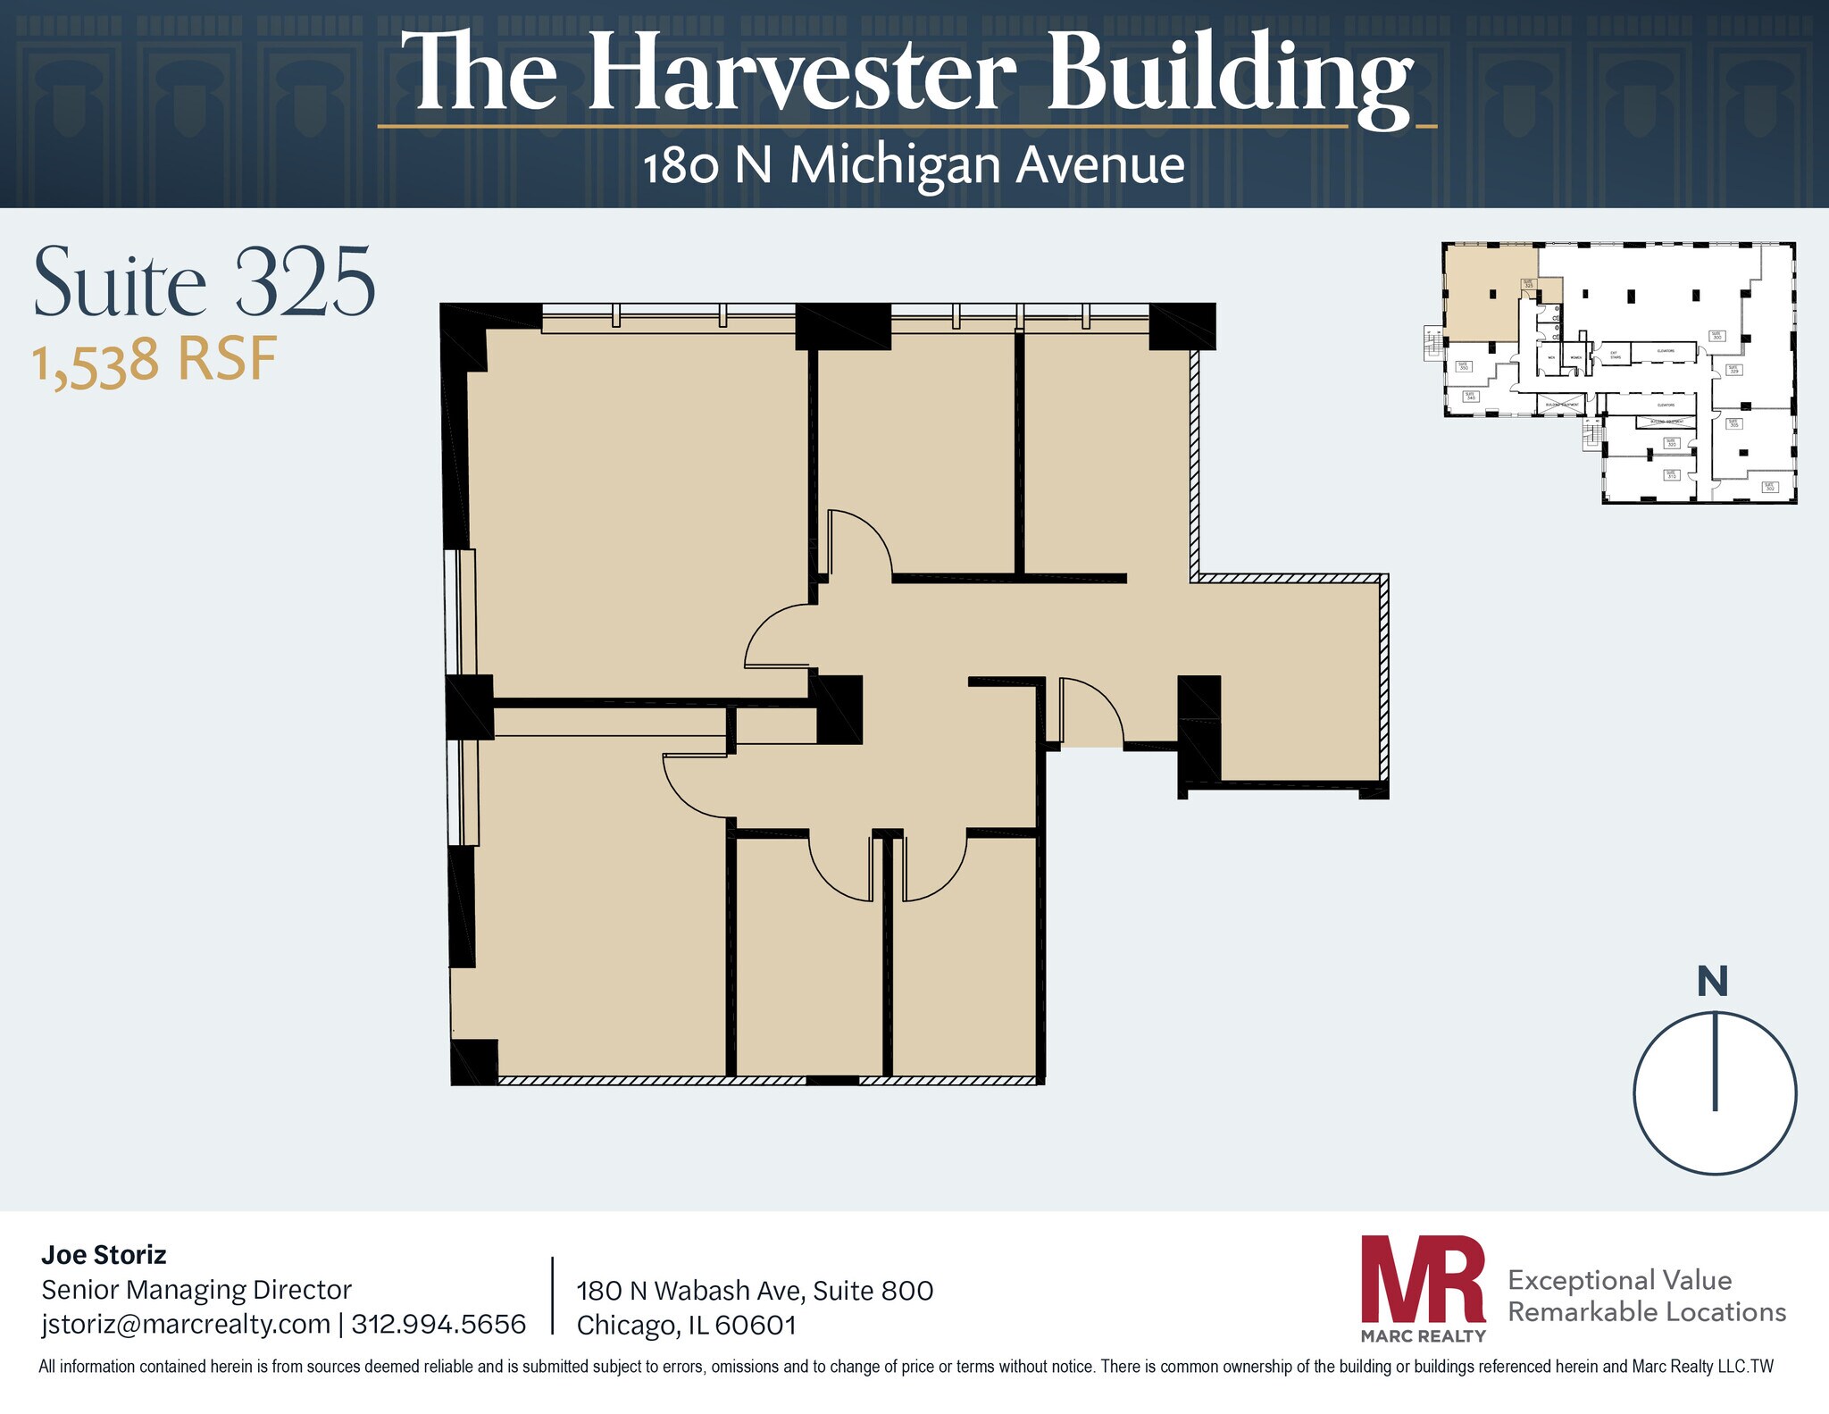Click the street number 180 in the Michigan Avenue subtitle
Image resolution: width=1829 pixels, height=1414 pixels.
coord(681,167)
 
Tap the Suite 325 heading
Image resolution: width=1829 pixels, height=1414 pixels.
coord(204,283)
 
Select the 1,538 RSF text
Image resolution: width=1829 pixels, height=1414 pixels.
coord(155,361)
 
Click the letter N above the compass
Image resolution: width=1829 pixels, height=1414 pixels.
coord(1712,983)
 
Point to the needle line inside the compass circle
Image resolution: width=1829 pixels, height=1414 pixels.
coord(1715,1062)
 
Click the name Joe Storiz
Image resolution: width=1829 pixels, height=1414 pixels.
coord(104,1255)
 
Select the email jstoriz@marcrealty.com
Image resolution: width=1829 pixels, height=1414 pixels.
coord(186,1324)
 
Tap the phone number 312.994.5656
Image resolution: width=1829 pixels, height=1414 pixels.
coord(438,1324)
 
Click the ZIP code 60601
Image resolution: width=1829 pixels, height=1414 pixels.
coord(756,1325)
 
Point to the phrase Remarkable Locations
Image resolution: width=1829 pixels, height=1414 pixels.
coord(1647,1312)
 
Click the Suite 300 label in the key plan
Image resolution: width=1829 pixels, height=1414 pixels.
coord(1716,336)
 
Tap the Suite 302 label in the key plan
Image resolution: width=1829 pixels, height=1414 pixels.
coord(1770,487)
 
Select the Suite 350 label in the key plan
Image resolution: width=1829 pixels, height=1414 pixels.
coord(1464,367)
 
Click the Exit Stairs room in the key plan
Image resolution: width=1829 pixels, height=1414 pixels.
coord(1616,355)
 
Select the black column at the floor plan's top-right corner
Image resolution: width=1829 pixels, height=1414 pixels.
coord(1182,326)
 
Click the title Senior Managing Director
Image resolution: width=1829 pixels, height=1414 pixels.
coord(196,1290)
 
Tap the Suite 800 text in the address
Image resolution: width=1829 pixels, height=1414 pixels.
coord(873,1291)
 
